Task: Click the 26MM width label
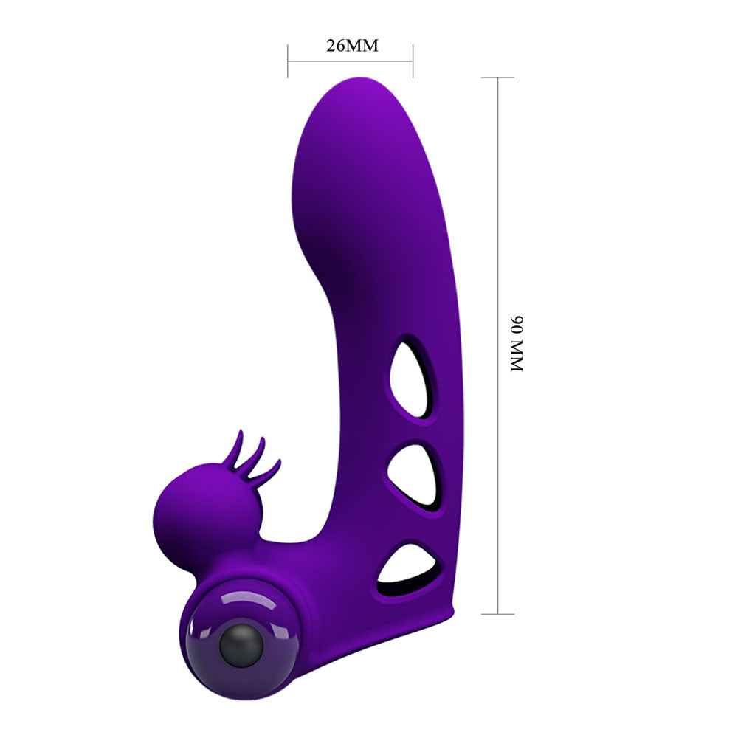pyautogui.click(x=352, y=45)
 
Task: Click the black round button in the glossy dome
pyautogui.click(x=241, y=646)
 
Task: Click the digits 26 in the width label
pyautogui.click(x=336, y=45)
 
